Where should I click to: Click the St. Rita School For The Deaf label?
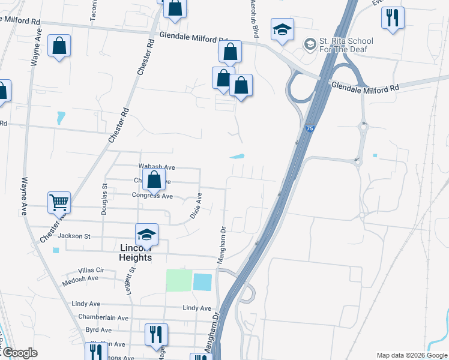point(346,45)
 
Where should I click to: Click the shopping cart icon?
point(59,202)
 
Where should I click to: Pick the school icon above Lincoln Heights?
point(146,234)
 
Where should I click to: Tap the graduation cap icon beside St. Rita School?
point(282,30)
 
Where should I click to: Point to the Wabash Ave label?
point(156,167)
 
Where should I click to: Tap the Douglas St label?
point(104,199)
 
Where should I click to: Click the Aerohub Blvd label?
point(255,21)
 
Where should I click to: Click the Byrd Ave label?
point(98,330)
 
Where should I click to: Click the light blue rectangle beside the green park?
point(203,281)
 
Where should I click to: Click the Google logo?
point(19,353)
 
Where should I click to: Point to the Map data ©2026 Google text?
point(411,355)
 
